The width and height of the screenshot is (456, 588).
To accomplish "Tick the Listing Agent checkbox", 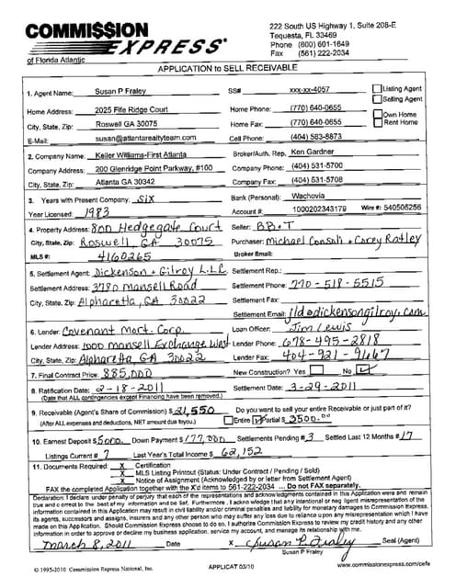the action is (x=376, y=89).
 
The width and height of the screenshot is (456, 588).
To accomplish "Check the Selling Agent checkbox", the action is (x=376, y=98).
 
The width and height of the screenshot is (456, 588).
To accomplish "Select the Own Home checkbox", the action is (x=376, y=115).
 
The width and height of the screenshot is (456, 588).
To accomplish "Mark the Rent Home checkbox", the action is (x=376, y=122).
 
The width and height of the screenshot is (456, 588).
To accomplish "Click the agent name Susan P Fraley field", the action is (x=120, y=93).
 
